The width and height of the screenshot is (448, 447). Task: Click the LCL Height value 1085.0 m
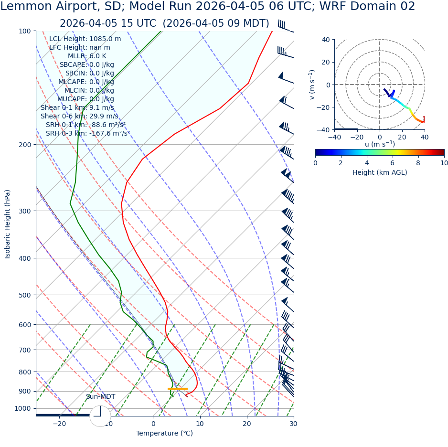(x=105, y=39)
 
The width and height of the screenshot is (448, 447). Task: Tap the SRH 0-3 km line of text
(x=87, y=133)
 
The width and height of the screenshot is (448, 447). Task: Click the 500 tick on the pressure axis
(x=24, y=295)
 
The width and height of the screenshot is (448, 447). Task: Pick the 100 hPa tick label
(x=24, y=32)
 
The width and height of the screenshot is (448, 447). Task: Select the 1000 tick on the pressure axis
(x=22, y=408)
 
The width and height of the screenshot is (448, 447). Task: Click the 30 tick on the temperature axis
(x=293, y=424)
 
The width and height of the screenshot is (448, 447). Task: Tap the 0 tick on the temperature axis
(x=153, y=424)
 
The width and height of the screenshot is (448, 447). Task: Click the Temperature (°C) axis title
(x=164, y=434)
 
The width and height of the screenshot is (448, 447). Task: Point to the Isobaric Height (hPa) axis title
(x=8, y=224)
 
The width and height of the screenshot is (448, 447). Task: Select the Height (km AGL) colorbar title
(x=380, y=172)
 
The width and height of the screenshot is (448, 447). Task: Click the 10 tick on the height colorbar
(x=444, y=163)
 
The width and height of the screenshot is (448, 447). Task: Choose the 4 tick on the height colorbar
(x=367, y=163)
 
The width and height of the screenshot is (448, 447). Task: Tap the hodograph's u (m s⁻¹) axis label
(x=380, y=144)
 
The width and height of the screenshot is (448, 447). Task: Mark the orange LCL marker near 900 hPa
(x=178, y=389)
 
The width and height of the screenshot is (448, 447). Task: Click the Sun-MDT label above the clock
(x=100, y=397)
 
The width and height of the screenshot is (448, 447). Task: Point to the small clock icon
(x=100, y=416)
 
